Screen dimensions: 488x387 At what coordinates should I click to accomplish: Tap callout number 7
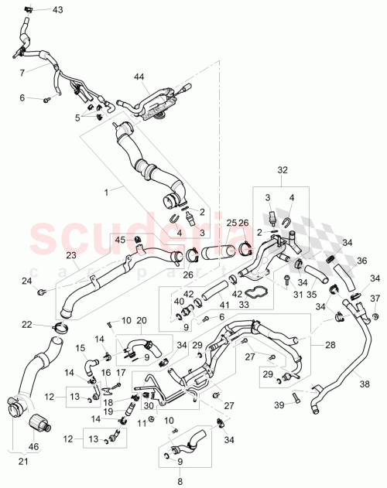pyautogui.click(x=22, y=71)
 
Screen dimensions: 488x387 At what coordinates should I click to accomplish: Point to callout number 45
pyautogui.click(x=119, y=239)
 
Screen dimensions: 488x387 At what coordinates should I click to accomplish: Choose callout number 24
pyautogui.click(x=26, y=280)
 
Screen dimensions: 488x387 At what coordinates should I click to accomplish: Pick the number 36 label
pyautogui.click(x=361, y=261)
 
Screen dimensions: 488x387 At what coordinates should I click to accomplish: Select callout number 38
pyautogui.click(x=365, y=380)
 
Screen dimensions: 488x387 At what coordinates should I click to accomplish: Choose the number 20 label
pyautogui.click(x=141, y=321)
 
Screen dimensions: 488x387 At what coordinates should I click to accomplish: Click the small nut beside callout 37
pyautogui.click(x=375, y=316)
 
